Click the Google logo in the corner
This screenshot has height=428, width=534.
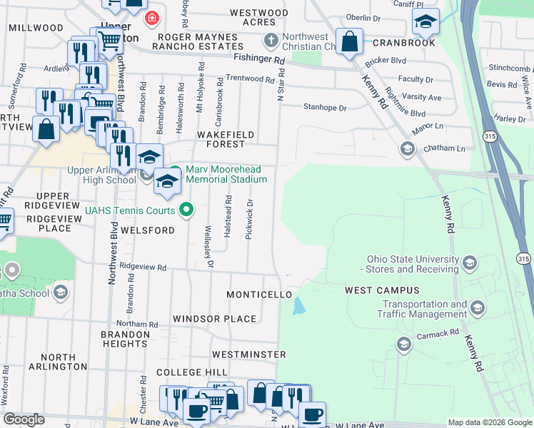(24, 419)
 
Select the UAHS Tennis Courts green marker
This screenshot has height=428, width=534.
(186, 210)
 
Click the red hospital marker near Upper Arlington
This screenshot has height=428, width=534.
(151, 18)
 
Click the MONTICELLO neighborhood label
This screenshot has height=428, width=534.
(259, 295)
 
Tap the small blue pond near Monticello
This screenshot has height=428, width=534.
(298, 307)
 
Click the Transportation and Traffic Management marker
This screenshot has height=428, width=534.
(477, 308)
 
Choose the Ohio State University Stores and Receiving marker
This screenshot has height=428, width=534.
(470, 263)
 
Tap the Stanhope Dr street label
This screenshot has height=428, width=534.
(325, 108)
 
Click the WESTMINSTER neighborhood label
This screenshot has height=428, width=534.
(249, 354)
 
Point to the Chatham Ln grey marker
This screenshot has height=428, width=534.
(407, 148)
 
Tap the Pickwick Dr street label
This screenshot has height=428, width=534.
(248, 223)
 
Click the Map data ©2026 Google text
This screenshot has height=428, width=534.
(489, 422)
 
